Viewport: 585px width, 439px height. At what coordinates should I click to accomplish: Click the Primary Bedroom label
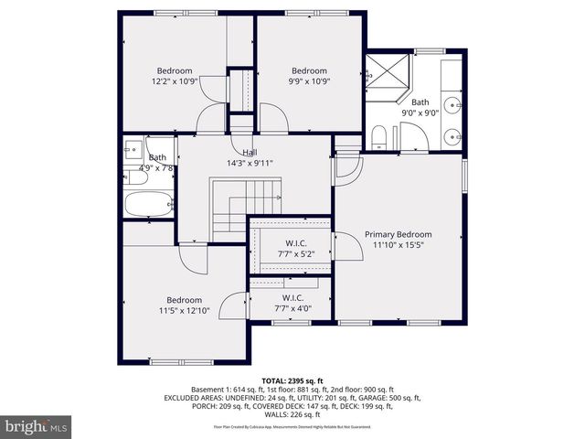pyautogui.click(x=398, y=234)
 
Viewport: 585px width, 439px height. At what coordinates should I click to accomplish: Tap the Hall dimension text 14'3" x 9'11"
pyautogui.click(x=250, y=163)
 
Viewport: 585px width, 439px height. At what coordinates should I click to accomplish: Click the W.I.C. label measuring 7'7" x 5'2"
pyautogui.click(x=293, y=242)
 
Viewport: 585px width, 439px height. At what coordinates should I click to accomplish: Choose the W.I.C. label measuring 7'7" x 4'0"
pyautogui.click(x=293, y=298)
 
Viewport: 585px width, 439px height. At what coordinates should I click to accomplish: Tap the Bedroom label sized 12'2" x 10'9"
pyautogui.click(x=175, y=71)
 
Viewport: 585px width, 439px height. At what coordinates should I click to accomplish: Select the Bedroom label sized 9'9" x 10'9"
pyautogui.click(x=309, y=71)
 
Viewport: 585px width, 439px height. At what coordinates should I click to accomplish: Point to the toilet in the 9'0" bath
pyautogui.click(x=378, y=138)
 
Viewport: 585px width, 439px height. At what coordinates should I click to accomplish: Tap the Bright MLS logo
pyautogui.click(x=37, y=426)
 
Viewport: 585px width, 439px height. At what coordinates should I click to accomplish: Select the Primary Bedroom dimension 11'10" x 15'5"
pyautogui.click(x=398, y=246)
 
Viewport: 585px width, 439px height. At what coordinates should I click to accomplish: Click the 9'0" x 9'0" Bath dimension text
pyautogui.click(x=420, y=113)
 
